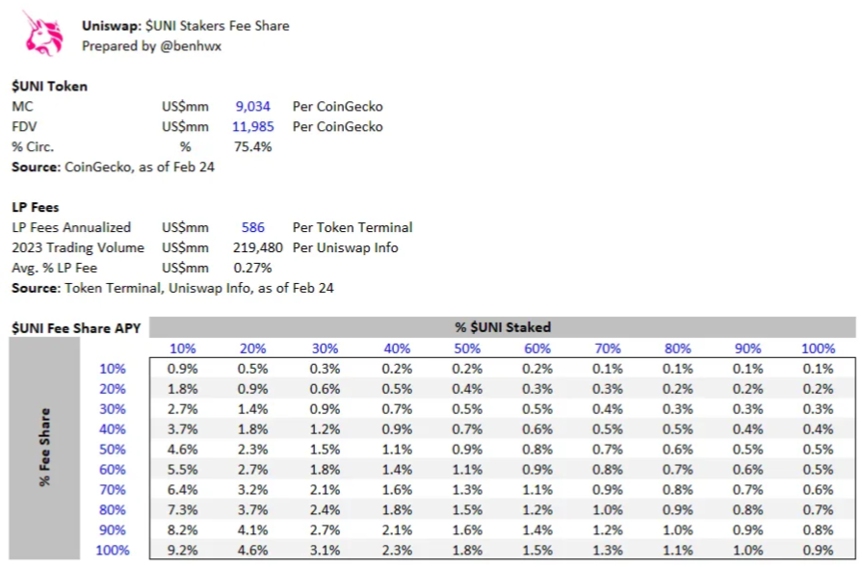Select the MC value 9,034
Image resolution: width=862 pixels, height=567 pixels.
254,106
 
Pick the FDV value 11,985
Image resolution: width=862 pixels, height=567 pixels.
253,126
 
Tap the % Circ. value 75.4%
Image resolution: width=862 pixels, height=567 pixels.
253,146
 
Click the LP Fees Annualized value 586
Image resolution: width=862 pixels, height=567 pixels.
253,227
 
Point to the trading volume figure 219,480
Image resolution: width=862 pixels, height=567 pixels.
258,247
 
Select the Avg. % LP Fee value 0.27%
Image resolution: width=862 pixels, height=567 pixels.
253,268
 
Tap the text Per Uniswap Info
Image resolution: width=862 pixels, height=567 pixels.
347,247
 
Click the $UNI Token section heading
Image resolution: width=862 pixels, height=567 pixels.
49,86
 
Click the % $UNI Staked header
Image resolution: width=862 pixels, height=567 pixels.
503,327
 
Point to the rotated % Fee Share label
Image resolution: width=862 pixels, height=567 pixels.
45,449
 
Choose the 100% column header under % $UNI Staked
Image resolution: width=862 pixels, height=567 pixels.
819,348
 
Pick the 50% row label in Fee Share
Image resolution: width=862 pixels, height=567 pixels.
113,449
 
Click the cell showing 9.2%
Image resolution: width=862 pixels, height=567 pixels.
184,550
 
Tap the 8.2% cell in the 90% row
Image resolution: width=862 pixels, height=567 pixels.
184,529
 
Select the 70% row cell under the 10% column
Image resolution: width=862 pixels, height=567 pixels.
184,489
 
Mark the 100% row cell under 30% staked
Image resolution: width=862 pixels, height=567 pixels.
326,550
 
